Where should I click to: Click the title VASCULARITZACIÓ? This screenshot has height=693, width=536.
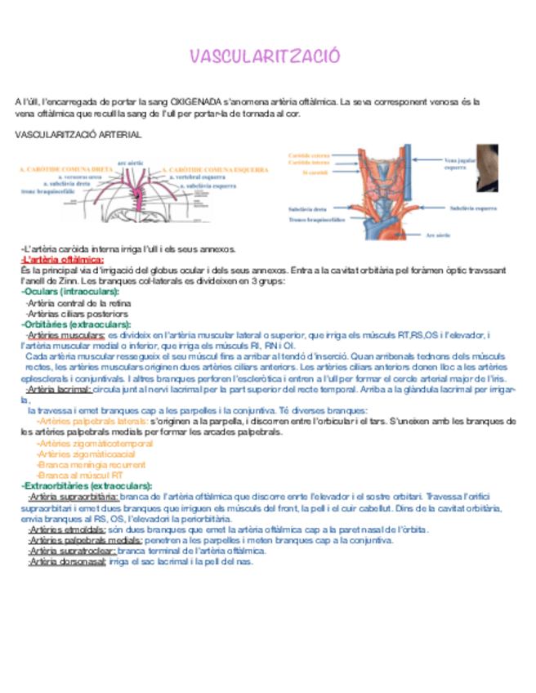265,56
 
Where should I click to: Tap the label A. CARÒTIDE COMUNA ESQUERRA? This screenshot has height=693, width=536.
215,170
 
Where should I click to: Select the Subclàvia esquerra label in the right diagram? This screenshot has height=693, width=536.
473,208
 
